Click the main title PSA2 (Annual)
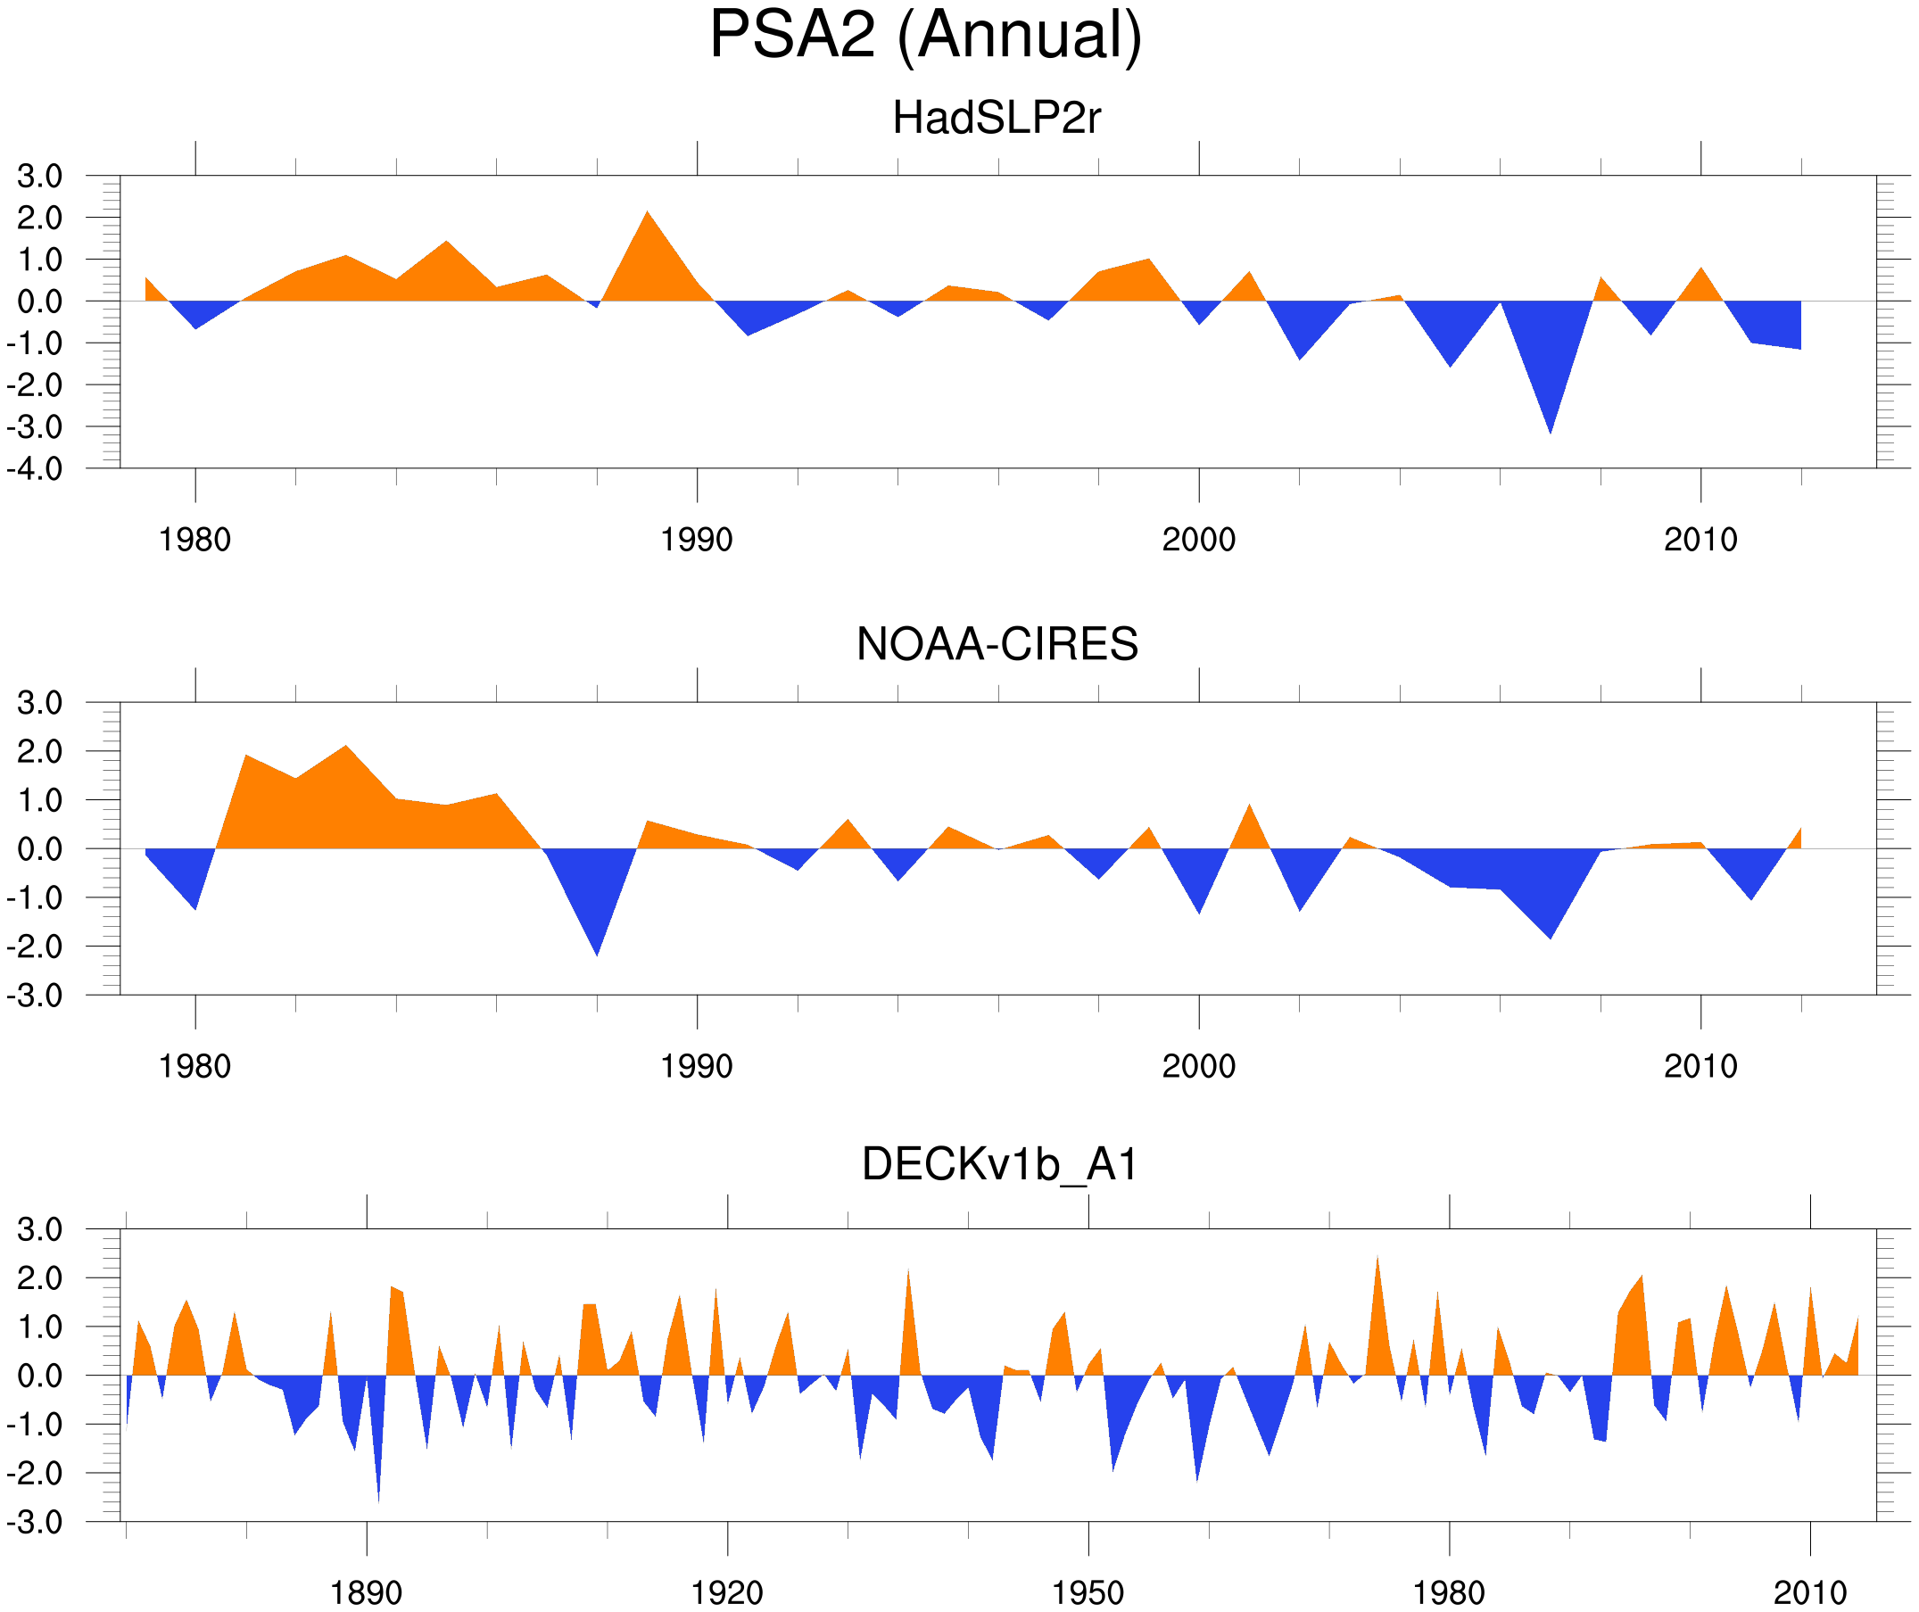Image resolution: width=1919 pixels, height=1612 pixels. (925, 35)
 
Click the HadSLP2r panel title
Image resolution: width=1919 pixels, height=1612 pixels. (996, 118)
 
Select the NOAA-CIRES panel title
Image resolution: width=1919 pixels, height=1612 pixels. (997, 644)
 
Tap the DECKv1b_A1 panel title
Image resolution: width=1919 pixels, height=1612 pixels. (1000, 1164)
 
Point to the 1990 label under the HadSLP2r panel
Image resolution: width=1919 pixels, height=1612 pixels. (697, 540)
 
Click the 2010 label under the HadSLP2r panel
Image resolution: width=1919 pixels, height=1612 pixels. (1700, 540)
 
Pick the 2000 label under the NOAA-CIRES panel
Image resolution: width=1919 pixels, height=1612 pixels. (1198, 1066)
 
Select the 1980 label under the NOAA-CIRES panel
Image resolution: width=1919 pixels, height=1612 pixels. (194, 1066)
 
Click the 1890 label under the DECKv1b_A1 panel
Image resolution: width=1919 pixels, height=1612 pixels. (366, 1592)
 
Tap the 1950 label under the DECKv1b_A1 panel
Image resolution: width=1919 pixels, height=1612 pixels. (1088, 1592)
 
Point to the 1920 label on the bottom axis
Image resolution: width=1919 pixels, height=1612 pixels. (726, 1592)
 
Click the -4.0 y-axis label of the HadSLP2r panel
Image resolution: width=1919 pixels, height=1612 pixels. (35, 469)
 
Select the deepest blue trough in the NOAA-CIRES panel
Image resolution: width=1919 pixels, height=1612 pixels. (597, 952)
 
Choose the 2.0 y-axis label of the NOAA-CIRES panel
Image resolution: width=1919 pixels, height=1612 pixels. (39, 752)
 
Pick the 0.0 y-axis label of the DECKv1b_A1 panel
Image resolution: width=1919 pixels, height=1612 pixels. (39, 1376)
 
